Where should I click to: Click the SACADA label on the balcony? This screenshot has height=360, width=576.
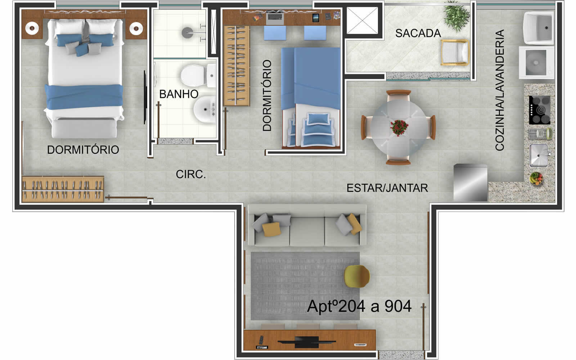click(418, 33)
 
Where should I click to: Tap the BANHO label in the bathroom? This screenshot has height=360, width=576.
click(179, 94)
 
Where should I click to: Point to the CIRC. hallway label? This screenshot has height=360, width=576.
click(191, 174)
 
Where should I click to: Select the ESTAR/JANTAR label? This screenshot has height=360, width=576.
click(387, 188)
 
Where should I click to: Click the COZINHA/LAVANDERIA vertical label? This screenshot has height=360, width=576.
click(500, 90)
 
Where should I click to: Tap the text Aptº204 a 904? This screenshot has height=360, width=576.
click(359, 306)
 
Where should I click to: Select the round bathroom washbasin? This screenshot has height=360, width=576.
click(205, 110)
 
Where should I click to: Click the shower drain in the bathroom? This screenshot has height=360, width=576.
click(188, 33)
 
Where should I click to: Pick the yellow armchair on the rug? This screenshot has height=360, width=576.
click(357, 276)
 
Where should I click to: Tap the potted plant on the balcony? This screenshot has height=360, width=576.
click(457, 16)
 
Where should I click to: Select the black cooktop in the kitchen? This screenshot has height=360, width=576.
click(540, 110)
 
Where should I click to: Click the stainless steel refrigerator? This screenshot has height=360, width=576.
click(470, 183)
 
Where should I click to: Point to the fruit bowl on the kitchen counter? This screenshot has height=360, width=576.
click(536, 179)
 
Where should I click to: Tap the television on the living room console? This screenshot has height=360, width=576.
click(307, 342)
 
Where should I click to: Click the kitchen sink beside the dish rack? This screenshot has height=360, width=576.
click(539, 156)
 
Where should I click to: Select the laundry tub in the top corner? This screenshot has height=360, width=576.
click(538, 28)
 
